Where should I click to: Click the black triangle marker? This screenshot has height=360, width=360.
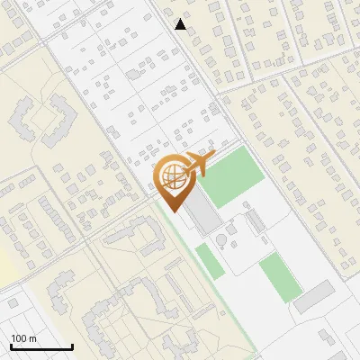tap(181, 24)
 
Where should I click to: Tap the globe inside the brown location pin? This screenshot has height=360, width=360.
tap(172, 175)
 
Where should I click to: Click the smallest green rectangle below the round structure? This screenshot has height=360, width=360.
tap(209, 260)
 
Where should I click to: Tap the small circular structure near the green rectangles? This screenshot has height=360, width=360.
tap(221, 239)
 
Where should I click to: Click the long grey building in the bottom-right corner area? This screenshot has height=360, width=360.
tap(313, 296)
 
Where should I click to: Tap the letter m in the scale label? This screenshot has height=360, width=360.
tap(34, 339)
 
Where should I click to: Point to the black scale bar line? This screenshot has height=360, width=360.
tap(41, 347)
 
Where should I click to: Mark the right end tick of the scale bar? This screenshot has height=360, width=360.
tap(72, 346)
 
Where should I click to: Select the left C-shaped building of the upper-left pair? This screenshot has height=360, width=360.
tap(28, 117)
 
